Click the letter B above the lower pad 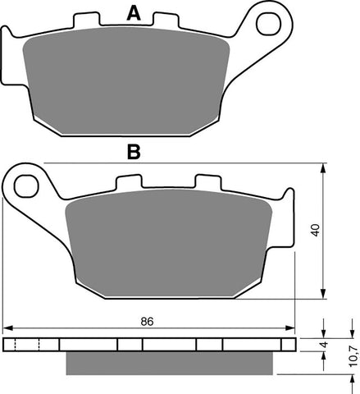(132, 151)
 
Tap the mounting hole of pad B (28, 181)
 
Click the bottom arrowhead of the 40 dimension (325, 296)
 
